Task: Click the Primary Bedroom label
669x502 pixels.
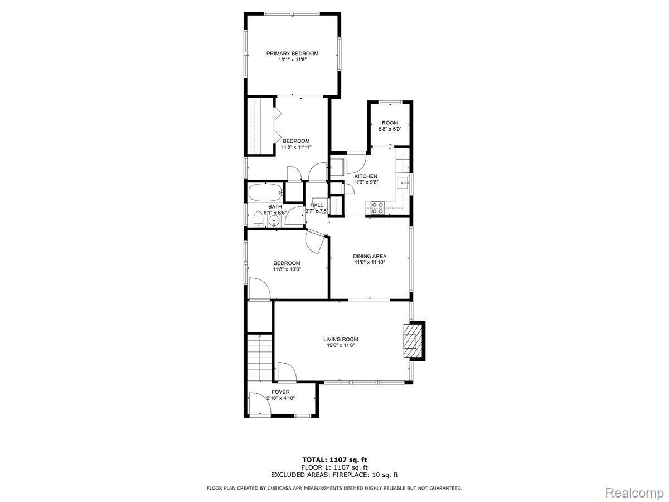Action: pyautogui.click(x=292, y=54)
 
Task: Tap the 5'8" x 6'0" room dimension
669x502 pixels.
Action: pyautogui.click(x=390, y=129)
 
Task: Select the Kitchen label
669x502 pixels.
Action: pyautogui.click(x=365, y=176)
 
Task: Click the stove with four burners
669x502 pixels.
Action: pyautogui.click(x=377, y=208)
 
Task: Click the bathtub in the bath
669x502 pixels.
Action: pyautogui.click(x=266, y=192)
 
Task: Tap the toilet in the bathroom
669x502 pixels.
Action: pyautogui.click(x=258, y=219)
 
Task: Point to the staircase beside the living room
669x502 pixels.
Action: pyautogui.click(x=259, y=357)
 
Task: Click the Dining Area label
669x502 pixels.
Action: pyautogui.click(x=370, y=257)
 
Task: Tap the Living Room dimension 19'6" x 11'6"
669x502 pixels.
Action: pyautogui.click(x=341, y=345)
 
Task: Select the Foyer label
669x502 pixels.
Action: pyautogui.click(x=280, y=392)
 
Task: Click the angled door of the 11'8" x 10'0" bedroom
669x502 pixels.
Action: pyautogui.click(x=315, y=242)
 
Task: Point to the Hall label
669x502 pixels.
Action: pyautogui.click(x=316, y=205)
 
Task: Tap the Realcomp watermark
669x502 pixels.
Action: pyautogui.click(x=634, y=493)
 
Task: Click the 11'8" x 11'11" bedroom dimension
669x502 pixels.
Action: pyautogui.click(x=296, y=147)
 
